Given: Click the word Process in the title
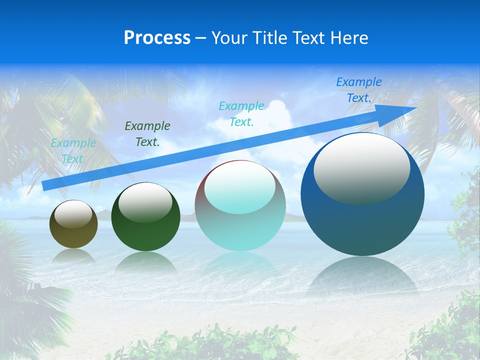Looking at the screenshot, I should tap(157, 38).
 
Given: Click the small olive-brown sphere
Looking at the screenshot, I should tap(73, 235).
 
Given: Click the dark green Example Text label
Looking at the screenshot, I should tap(147, 134).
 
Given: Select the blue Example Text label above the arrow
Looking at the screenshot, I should tap(359, 90).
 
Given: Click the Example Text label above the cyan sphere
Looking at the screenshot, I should tap(241, 113).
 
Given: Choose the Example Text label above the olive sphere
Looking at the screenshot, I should tap(73, 151).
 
